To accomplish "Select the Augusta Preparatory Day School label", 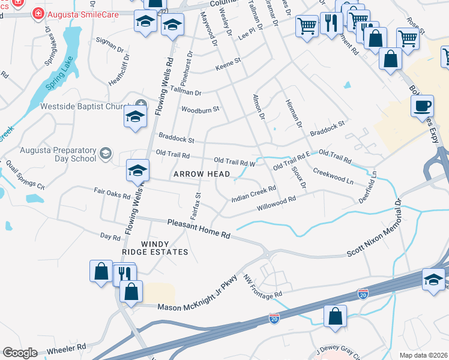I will point(58,154).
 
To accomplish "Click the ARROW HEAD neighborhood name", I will point(202,174).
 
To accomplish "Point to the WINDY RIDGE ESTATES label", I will point(164,248).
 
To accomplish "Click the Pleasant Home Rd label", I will point(199,229).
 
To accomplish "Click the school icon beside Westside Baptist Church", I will point(136,116).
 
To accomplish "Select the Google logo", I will point(20,353).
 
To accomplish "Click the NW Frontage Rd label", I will point(262,287).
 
